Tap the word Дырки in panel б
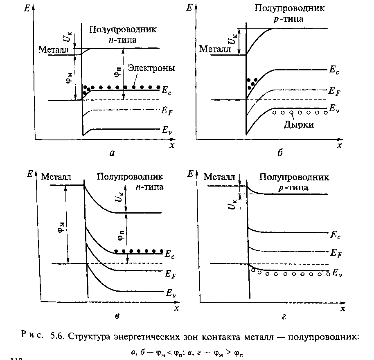click(299, 124)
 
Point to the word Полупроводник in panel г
click(294, 177)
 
